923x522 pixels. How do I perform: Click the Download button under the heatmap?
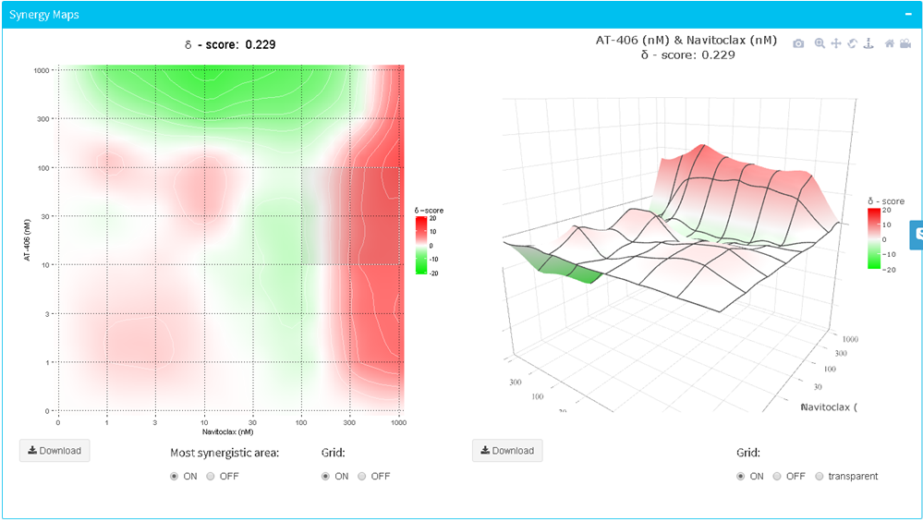(x=55, y=451)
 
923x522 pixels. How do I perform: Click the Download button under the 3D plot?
(x=507, y=451)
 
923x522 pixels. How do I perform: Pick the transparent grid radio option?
(x=820, y=477)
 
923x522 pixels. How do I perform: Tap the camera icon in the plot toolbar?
(x=798, y=43)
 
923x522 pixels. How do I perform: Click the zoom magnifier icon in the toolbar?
(x=819, y=43)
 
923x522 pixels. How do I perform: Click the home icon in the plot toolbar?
(x=890, y=43)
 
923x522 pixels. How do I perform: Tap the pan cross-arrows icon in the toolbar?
(x=835, y=43)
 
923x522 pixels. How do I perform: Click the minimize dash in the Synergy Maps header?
(x=907, y=15)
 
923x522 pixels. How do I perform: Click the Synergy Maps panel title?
(x=44, y=15)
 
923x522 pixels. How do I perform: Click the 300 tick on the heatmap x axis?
(x=350, y=422)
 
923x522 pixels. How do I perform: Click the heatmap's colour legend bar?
(x=420, y=244)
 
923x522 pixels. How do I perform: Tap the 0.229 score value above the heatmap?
(x=260, y=44)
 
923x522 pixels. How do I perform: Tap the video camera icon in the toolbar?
(x=906, y=43)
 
